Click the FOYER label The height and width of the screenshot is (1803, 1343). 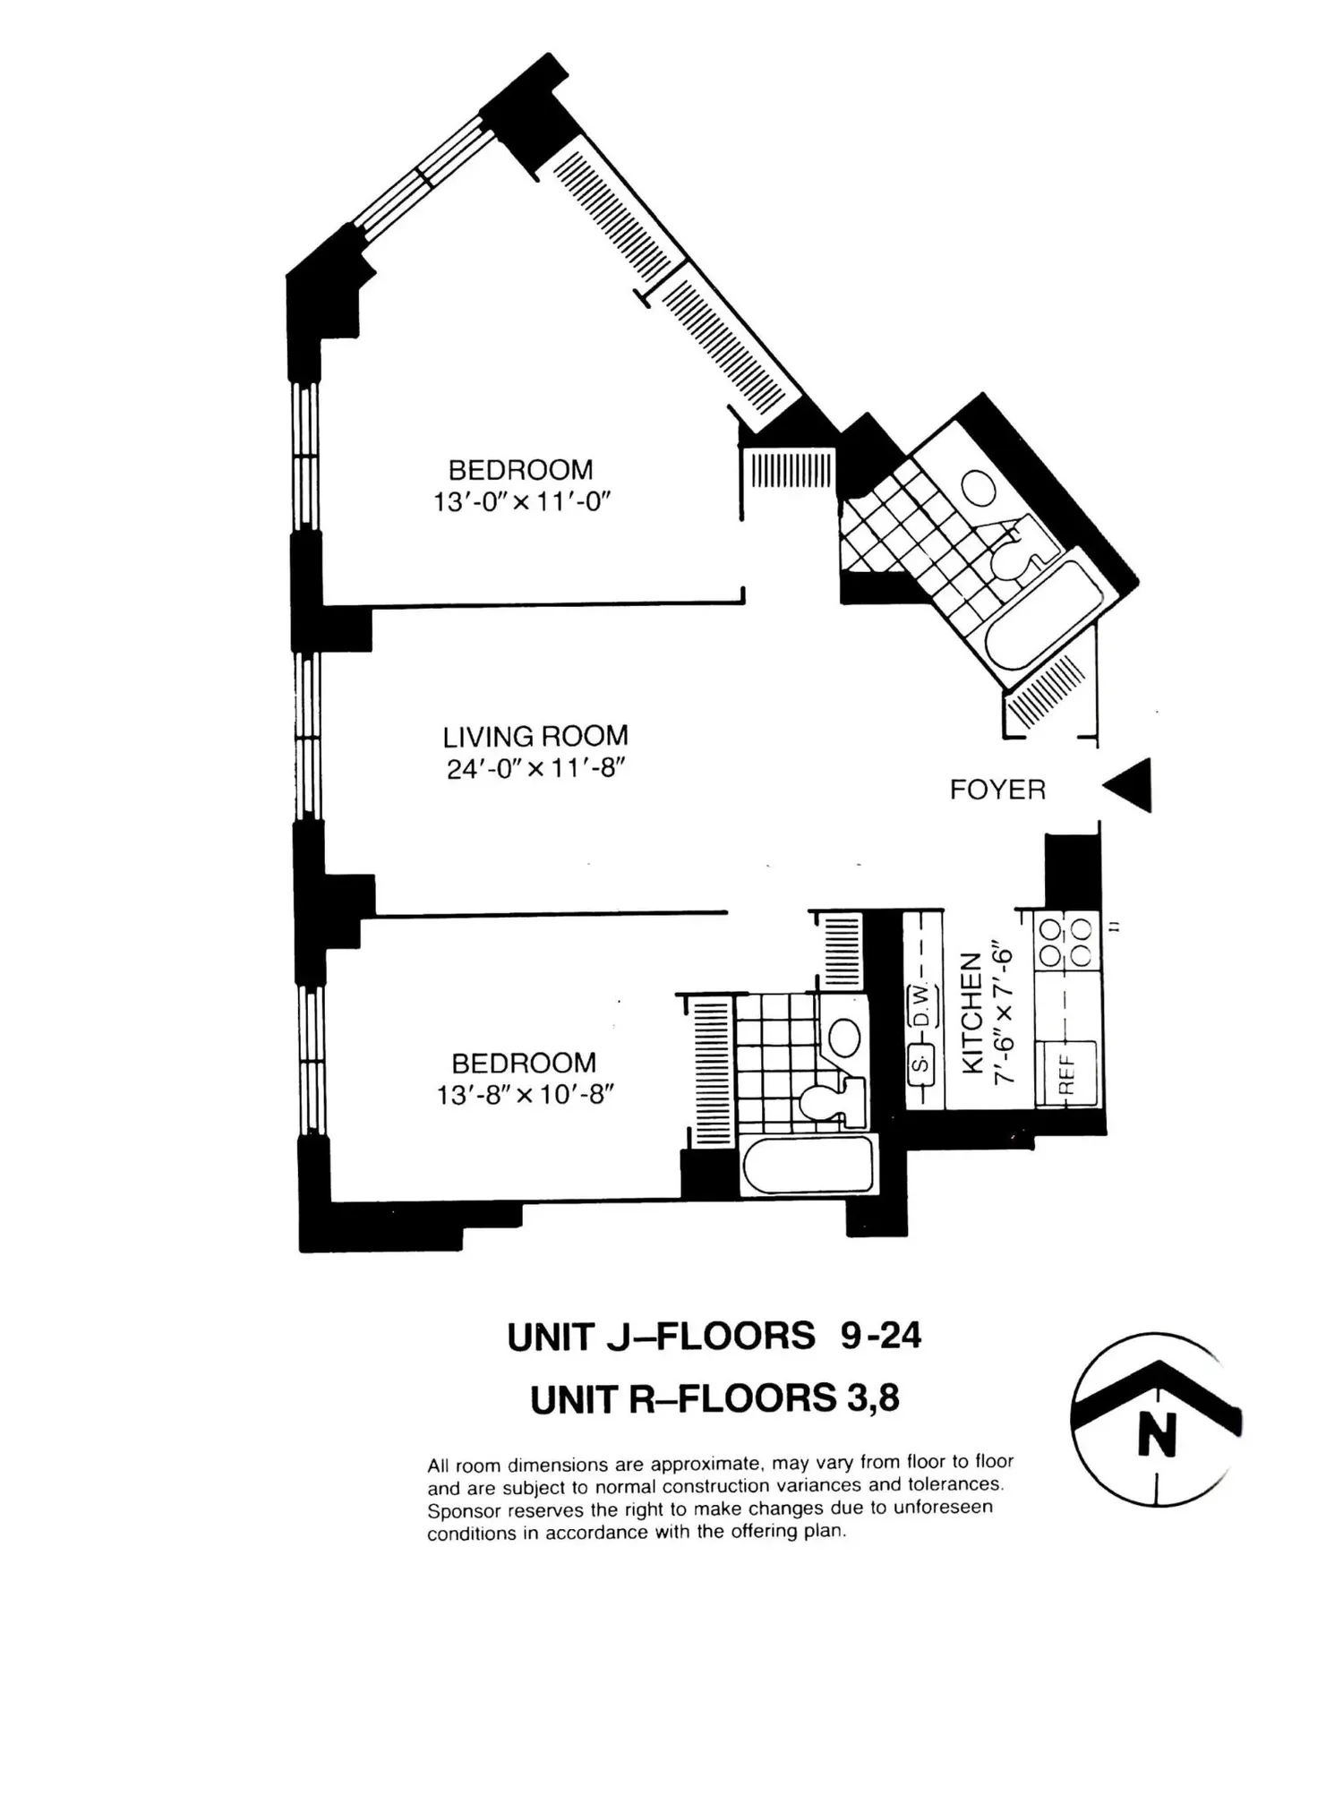(x=997, y=790)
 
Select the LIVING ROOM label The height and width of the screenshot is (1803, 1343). (x=535, y=737)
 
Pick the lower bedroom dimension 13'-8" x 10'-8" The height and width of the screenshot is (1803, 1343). (x=525, y=1095)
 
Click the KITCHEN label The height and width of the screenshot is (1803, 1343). (x=972, y=1013)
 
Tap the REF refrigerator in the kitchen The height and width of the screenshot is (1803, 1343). (x=1066, y=1072)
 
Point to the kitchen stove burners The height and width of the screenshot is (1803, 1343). (x=1066, y=941)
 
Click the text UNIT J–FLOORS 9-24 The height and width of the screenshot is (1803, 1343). (x=714, y=1337)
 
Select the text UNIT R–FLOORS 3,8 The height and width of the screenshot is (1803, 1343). (x=714, y=1399)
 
